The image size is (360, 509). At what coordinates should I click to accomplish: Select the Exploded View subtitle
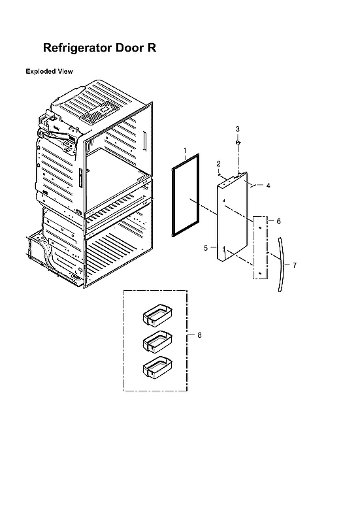coord(49,71)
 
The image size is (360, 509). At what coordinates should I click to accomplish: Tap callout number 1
coord(185,151)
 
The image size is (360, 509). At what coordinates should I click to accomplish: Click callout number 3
coord(238,129)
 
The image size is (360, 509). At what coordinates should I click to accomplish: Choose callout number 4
coord(268,186)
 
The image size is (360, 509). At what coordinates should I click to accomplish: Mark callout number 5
coord(206,248)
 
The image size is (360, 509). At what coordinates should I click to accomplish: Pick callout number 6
coord(278,222)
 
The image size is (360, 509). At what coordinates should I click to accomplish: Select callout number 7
coord(295,265)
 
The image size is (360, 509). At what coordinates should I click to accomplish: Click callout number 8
coord(199,335)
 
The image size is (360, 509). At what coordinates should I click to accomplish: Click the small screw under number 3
coord(238,142)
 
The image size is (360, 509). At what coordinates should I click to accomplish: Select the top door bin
coord(156,316)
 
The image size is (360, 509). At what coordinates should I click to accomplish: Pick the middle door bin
coord(156,340)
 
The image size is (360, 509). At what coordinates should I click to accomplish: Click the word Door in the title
coord(129,48)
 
